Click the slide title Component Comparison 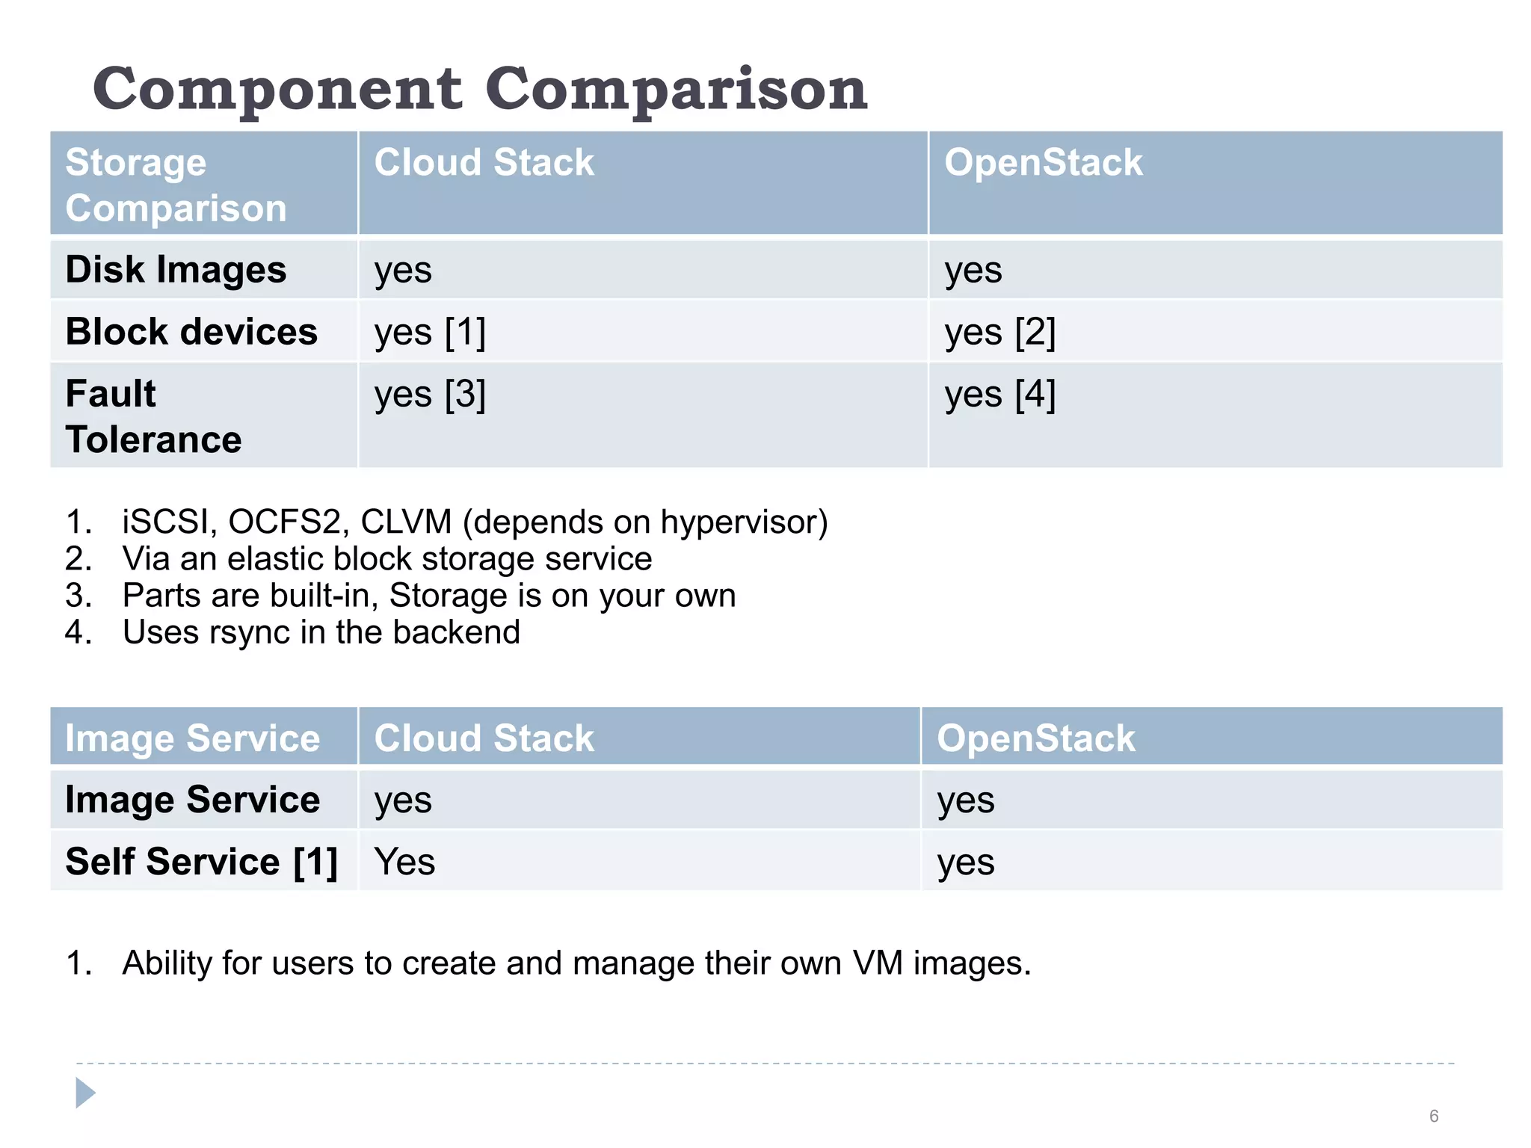[x=479, y=89]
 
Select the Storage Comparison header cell [x=176, y=185]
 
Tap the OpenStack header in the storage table [x=1043, y=163]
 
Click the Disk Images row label [x=176, y=270]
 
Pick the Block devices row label [x=191, y=332]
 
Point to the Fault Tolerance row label [x=153, y=416]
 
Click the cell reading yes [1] [x=430, y=332]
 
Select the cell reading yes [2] [x=1000, y=332]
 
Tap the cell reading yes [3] [x=430, y=394]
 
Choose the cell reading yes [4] [x=1000, y=394]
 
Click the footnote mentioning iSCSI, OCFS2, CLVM [x=474, y=522]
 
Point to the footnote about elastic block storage [x=386, y=559]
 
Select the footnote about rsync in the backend [x=321, y=632]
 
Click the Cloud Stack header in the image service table [x=484, y=738]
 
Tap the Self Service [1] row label [x=201, y=862]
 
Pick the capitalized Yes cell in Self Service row [x=404, y=862]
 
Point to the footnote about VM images [x=576, y=963]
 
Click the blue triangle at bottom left [x=85, y=1093]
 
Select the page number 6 [x=1434, y=1116]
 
